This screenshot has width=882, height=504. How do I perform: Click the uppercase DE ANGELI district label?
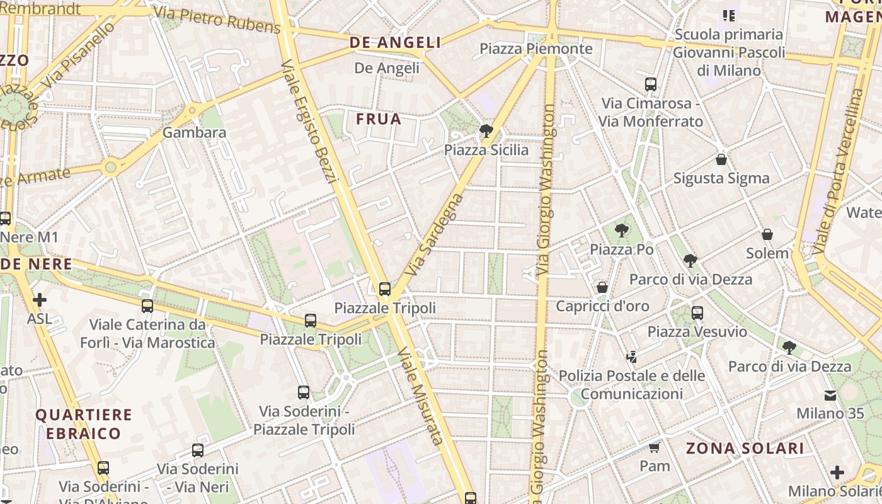(395, 43)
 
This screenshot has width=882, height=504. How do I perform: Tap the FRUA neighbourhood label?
(379, 119)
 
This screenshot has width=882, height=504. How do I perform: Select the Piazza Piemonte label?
(536, 49)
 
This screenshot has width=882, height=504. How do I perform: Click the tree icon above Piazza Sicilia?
(486, 131)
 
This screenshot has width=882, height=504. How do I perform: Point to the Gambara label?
(194, 132)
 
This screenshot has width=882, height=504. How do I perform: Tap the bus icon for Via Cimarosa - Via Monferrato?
(651, 84)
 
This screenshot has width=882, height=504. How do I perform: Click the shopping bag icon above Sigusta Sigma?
(721, 159)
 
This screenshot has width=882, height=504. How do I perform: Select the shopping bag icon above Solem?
(767, 234)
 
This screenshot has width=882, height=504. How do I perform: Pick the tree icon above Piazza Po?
(622, 231)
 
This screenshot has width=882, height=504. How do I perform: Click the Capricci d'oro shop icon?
(602, 287)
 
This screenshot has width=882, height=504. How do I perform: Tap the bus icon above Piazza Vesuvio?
(697, 312)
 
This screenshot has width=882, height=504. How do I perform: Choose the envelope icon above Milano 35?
(830, 395)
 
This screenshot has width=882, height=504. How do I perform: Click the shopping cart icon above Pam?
(655, 447)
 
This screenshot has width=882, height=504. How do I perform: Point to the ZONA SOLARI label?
(745, 449)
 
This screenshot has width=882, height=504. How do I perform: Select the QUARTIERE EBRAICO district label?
(83, 424)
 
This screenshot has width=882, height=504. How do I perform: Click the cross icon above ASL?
(40, 300)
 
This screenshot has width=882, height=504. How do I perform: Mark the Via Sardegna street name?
(435, 234)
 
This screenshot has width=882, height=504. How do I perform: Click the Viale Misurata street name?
(421, 396)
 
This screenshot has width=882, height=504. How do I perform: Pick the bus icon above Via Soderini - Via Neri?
(198, 450)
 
